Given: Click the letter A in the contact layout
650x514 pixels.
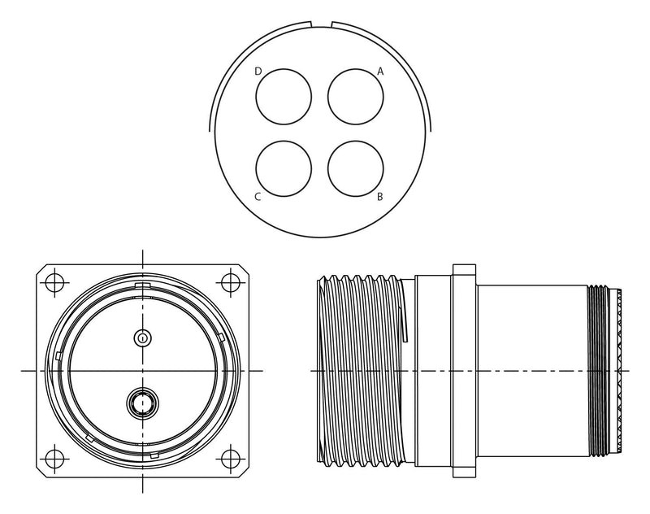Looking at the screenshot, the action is [380, 72].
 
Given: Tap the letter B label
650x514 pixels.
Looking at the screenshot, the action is [379, 197].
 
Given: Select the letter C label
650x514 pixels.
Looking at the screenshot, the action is [258, 197].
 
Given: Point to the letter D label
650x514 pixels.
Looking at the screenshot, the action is [258, 72].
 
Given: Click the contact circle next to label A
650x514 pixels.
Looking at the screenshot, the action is [356, 97].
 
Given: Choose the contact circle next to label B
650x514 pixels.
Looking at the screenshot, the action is [356, 168].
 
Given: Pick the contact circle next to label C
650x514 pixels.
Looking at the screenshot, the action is [284, 168].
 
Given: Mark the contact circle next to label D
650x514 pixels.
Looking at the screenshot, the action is [284, 97].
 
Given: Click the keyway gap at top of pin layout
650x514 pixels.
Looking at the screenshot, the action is [321, 24].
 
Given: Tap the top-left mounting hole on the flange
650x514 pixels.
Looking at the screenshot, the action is [55, 283].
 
